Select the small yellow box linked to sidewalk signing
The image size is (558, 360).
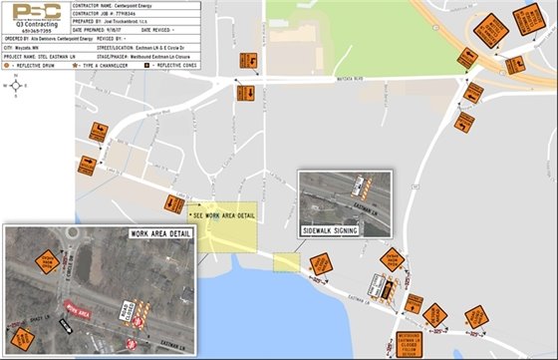(x=286, y=261)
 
